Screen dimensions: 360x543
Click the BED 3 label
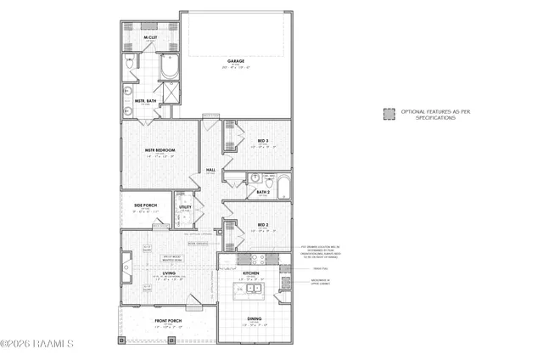click(263, 141)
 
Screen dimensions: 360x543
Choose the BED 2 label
click(263, 226)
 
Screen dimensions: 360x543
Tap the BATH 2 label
click(264, 193)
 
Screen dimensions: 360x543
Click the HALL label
click(210, 170)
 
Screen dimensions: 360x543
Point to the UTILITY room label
click(186, 206)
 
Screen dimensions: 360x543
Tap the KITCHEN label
click(251, 273)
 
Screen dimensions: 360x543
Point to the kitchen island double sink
click(245, 290)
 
